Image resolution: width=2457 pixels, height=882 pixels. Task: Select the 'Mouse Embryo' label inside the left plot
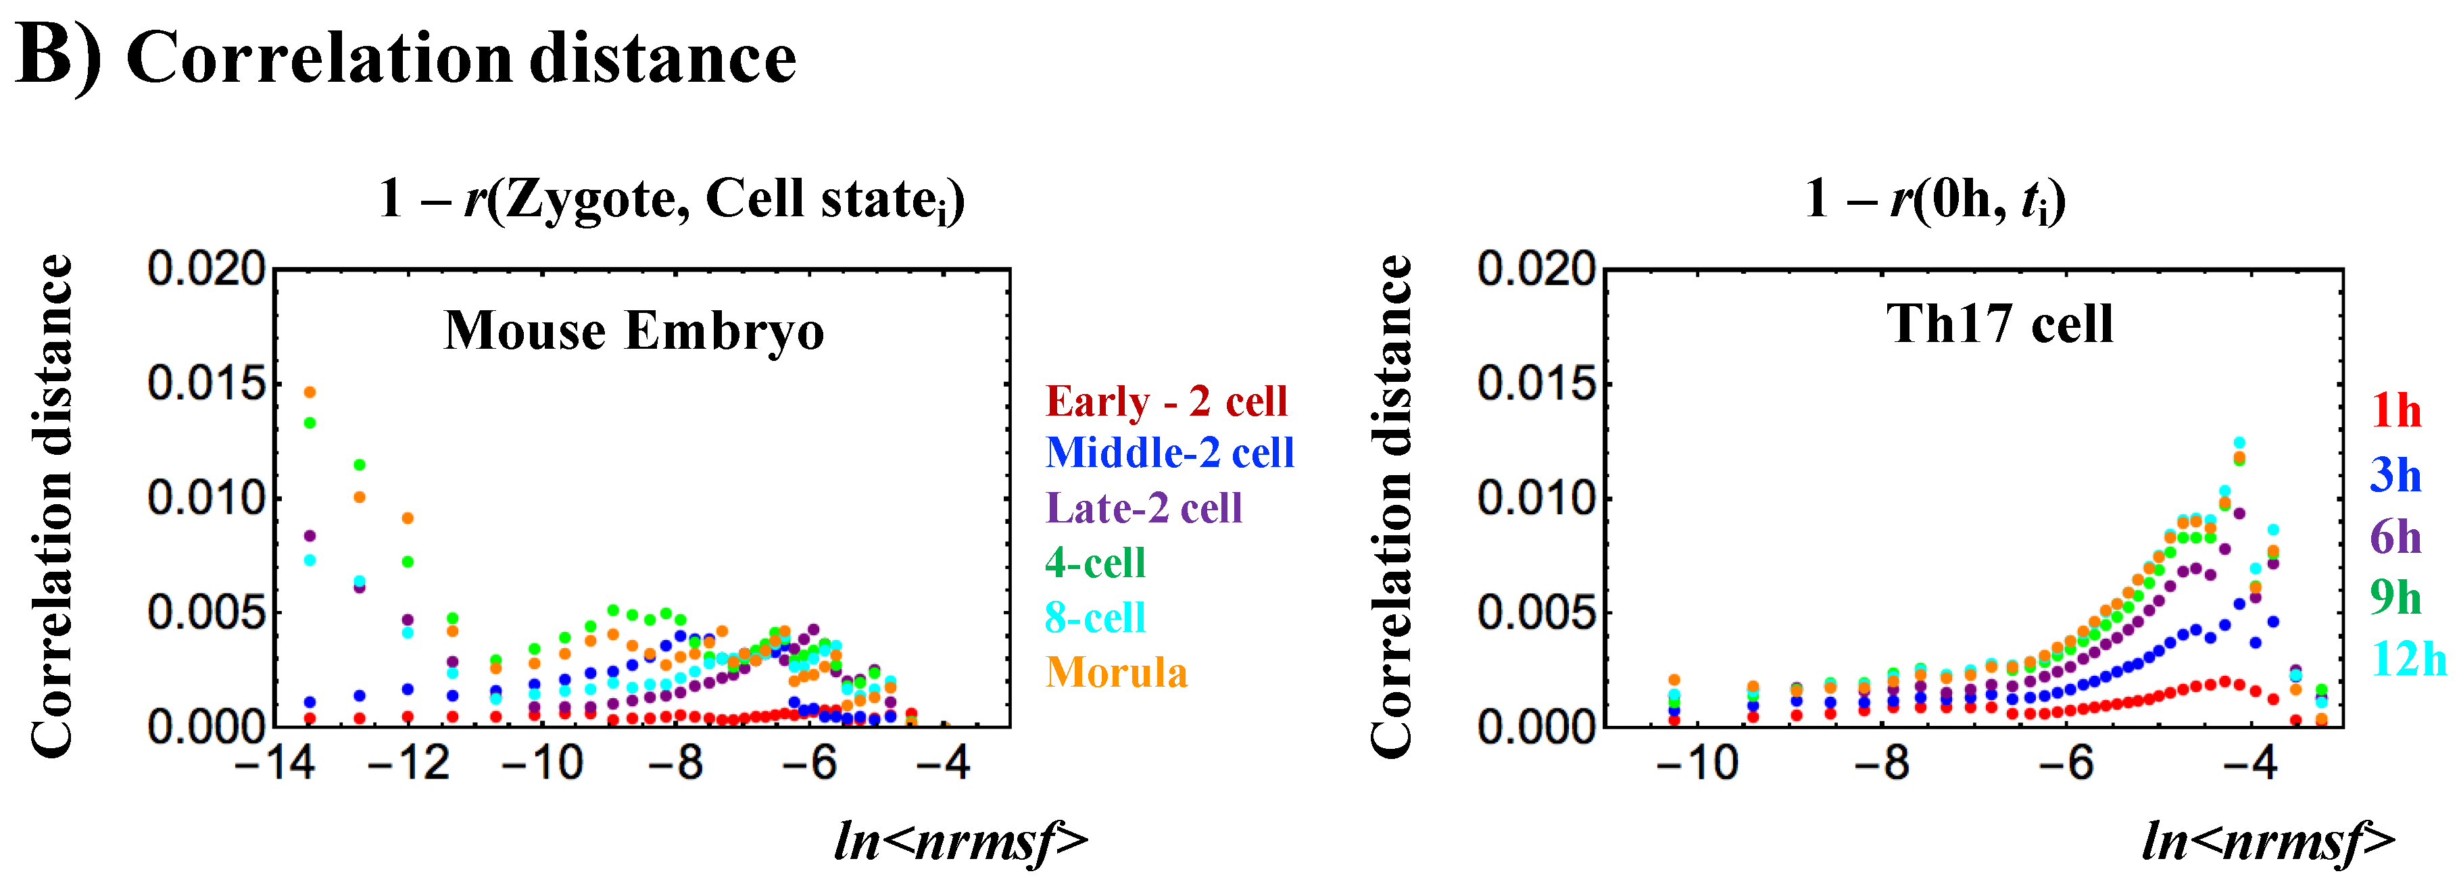tap(634, 331)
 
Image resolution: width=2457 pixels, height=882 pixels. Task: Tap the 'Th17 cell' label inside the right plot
tap(1999, 324)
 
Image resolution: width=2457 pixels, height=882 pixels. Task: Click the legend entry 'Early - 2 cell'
tap(1165, 401)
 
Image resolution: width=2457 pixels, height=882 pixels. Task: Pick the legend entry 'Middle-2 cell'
tap(1169, 453)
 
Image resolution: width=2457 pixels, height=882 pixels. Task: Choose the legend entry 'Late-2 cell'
tap(1144, 508)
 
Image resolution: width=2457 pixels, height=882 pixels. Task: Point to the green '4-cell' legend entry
tap(1095, 562)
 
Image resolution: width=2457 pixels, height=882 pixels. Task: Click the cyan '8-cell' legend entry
tap(1095, 618)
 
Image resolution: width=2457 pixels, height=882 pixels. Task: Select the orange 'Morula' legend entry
tap(1116, 673)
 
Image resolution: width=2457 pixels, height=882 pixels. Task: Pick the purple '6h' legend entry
tap(2395, 537)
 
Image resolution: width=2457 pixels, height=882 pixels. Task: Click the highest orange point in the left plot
tap(310, 392)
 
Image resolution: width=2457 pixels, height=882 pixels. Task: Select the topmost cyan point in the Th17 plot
tap(2239, 443)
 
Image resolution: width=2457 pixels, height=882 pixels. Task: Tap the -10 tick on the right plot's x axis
tap(1698, 763)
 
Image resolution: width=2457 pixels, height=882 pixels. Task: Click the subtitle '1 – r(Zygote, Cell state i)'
tap(671, 200)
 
